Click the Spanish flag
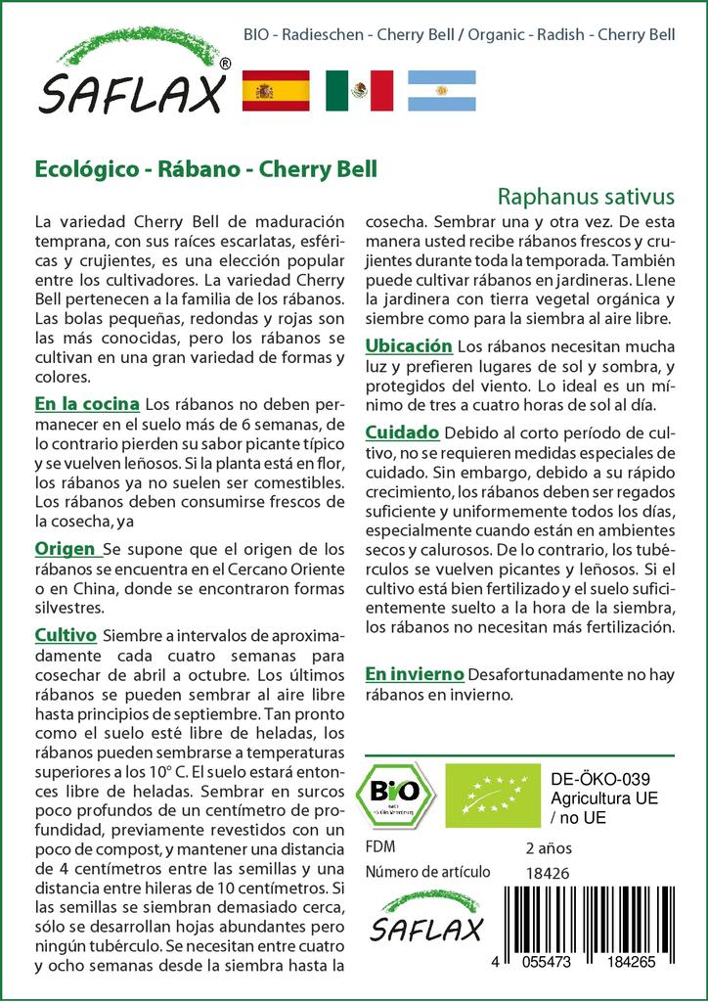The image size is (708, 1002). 275,90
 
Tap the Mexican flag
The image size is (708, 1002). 359,90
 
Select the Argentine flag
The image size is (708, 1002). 441,90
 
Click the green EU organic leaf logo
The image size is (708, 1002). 492,795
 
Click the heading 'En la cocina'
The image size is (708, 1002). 86,403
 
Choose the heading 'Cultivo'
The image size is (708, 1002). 66,635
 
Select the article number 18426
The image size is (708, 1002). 547,872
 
